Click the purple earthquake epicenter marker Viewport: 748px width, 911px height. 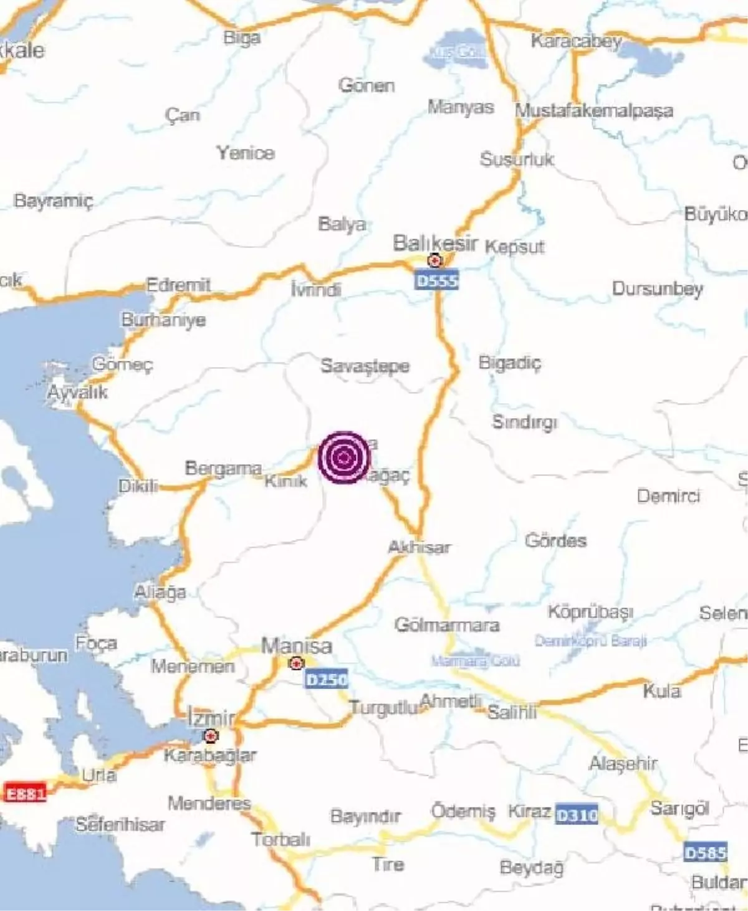click(x=344, y=457)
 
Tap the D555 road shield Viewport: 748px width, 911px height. click(x=436, y=281)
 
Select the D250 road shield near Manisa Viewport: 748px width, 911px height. click(x=326, y=679)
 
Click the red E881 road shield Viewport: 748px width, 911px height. click(x=26, y=794)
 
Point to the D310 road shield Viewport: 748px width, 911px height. click(x=577, y=815)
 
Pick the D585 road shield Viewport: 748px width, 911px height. click(x=705, y=852)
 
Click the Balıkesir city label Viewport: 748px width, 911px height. click(x=435, y=242)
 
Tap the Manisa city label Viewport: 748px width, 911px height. click(x=296, y=646)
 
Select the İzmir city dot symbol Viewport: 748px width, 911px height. click(x=212, y=736)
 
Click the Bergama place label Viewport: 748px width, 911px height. click(x=223, y=468)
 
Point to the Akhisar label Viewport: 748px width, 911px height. click(x=419, y=548)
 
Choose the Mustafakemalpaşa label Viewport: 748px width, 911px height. click(x=593, y=111)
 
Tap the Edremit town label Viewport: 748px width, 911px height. click(x=178, y=285)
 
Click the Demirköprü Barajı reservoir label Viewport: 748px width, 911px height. click(x=590, y=641)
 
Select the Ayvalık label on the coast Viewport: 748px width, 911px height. click(x=78, y=393)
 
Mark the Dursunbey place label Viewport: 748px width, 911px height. click(x=657, y=289)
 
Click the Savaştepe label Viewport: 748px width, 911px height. click(x=365, y=366)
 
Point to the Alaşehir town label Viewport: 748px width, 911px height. click(x=623, y=763)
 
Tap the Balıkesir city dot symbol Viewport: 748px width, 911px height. click(x=435, y=260)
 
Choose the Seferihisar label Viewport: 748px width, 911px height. click(x=120, y=825)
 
